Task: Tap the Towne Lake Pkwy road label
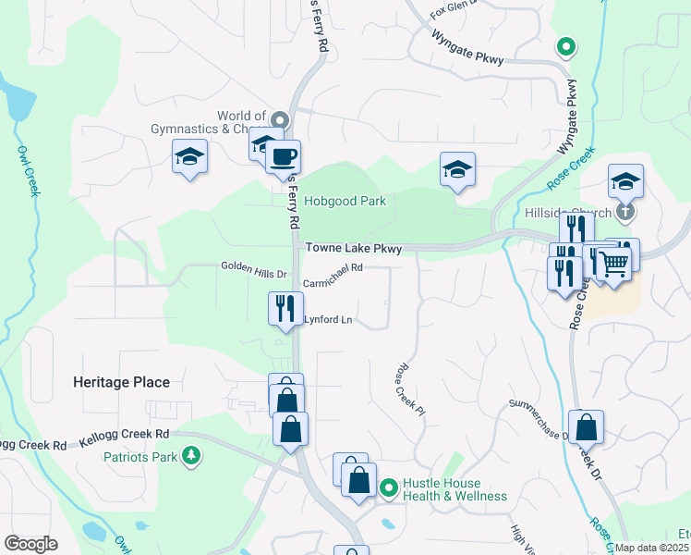click(x=354, y=249)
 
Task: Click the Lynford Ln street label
click(x=329, y=320)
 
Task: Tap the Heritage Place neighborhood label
click(x=122, y=382)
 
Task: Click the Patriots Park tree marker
click(x=191, y=456)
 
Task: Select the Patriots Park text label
click(x=139, y=457)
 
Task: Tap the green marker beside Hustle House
click(x=389, y=487)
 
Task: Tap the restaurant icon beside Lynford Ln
click(x=285, y=307)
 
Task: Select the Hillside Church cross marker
click(x=626, y=212)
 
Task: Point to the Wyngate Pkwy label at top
click(x=467, y=47)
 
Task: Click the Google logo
click(x=30, y=544)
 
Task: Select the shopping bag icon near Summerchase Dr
click(x=586, y=427)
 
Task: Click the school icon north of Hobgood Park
click(x=457, y=169)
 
